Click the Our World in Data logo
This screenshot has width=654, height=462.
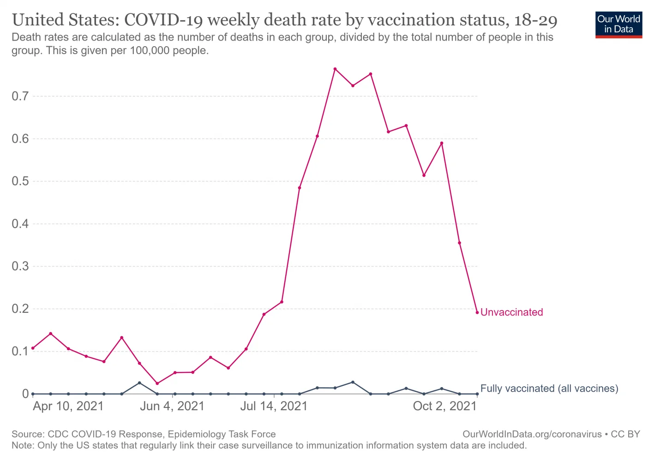tap(618, 24)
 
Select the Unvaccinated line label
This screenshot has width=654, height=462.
tap(511, 312)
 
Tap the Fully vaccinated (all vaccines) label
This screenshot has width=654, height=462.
tap(549, 389)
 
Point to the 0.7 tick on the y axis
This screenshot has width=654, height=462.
tap(20, 96)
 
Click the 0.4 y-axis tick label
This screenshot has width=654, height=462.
tap(20, 224)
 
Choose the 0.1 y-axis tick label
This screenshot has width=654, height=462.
tap(20, 352)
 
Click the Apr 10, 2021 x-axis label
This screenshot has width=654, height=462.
tap(68, 406)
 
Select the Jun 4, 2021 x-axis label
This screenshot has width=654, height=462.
tap(172, 406)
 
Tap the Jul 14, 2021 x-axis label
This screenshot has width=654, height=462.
tap(274, 406)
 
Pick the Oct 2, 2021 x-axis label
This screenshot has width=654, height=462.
tap(444, 406)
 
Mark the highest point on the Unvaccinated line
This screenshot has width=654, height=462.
tap(335, 69)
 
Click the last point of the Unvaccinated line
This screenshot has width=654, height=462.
tap(477, 312)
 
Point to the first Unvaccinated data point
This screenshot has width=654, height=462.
tap(33, 348)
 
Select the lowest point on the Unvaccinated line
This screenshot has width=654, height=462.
tap(157, 383)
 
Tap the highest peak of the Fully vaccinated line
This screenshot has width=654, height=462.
tap(353, 382)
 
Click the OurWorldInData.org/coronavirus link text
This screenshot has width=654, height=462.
tap(532, 434)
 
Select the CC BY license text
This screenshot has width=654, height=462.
tap(625, 434)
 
